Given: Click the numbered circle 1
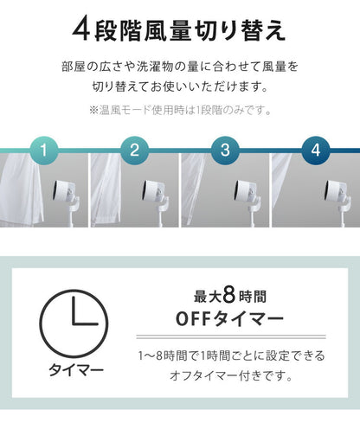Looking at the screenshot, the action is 44,150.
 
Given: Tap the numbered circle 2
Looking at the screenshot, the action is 134,150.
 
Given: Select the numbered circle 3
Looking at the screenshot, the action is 225,150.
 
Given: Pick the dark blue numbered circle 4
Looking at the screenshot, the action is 316,150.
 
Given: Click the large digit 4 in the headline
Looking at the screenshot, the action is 81,30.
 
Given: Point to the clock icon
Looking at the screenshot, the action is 74,323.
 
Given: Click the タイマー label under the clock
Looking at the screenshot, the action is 75,370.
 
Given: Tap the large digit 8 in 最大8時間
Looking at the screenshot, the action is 229,296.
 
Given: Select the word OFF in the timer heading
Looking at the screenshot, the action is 193,318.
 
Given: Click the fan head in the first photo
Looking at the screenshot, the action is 62,191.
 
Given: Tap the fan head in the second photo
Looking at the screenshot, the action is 153,191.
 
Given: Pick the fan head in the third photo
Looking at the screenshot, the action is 244,191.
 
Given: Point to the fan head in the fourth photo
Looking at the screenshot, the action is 335,191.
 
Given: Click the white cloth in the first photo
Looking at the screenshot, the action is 21,188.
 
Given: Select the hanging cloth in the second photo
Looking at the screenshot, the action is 106,189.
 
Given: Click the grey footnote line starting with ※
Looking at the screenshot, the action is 180,110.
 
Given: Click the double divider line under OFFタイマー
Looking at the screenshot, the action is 231,336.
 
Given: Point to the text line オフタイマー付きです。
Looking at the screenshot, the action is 231,375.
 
